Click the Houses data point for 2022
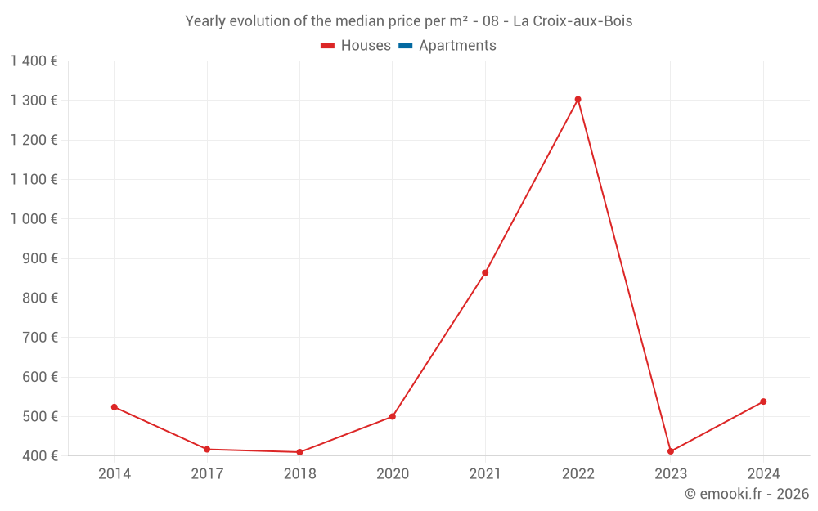click(x=578, y=100)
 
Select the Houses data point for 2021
click(x=485, y=273)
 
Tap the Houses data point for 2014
click(x=115, y=407)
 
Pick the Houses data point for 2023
click(x=671, y=451)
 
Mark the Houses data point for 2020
click(x=393, y=417)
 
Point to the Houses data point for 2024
click(x=763, y=401)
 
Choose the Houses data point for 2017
click(x=207, y=450)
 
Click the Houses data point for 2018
click(x=299, y=452)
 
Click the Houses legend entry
click(x=356, y=46)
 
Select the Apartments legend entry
click(x=447, y=46)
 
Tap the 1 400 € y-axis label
click(x=34, y=61)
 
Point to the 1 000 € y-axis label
click(x=34, y=219)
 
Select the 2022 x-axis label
click(x=578, y=474)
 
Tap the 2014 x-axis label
click(x=115, y=474)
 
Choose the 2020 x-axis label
click(x=393, y=474)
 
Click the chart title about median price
click(x=409, y=21)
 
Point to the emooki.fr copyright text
click(x=747, y=494)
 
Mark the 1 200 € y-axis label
click(x=34, y=140)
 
